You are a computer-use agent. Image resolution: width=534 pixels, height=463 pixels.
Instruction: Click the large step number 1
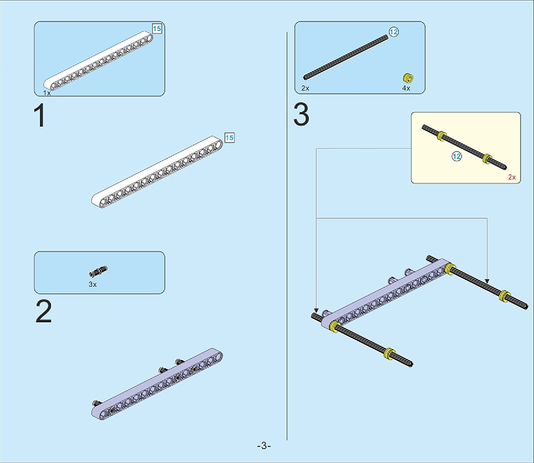40,115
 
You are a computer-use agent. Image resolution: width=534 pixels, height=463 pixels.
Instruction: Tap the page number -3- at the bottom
264,446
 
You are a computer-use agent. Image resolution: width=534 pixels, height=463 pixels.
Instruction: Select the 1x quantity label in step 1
47,93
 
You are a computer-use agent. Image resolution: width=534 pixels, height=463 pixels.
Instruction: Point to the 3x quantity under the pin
93,284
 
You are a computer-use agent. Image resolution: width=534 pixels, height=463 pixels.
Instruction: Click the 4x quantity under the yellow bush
406,88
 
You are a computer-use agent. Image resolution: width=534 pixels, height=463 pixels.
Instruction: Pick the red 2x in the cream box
512,177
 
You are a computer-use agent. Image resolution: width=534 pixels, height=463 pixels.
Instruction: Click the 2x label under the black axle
305,88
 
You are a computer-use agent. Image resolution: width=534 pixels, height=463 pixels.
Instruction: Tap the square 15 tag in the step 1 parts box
157,29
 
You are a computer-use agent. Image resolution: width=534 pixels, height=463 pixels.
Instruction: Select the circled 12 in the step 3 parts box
394,32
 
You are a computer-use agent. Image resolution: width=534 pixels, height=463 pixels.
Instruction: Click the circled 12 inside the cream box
457,156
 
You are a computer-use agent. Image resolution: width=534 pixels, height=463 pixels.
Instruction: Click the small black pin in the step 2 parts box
99,271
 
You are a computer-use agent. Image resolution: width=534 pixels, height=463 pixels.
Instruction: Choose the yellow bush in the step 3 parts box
408,77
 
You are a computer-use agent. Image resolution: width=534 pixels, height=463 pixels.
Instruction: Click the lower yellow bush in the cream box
487,158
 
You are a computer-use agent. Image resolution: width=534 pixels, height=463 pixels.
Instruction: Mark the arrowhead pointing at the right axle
487,281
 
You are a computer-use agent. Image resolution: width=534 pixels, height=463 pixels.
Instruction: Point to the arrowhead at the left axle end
316,310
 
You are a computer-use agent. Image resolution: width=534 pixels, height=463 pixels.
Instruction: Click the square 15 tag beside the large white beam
229,138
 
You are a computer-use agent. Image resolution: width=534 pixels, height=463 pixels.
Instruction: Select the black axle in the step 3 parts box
346,57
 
